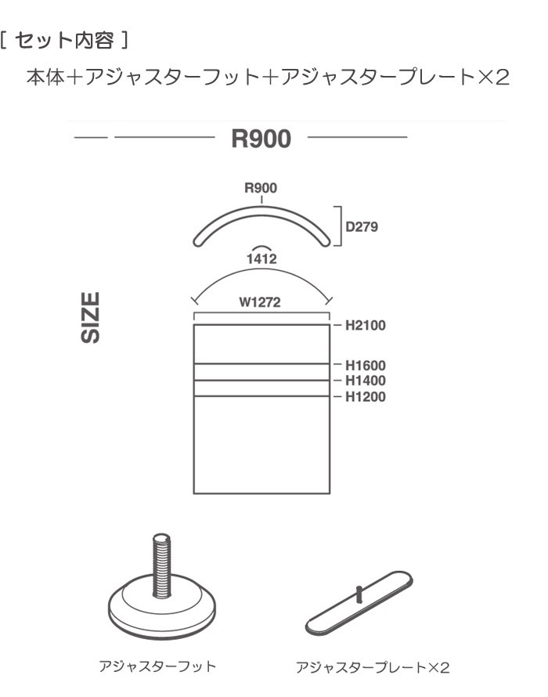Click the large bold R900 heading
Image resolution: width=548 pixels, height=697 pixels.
pos(261,139)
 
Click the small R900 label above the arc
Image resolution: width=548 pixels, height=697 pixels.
pos(261,188)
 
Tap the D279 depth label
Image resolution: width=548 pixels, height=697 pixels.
pos(362,226)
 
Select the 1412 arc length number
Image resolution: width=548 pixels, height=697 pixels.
pos(261,258)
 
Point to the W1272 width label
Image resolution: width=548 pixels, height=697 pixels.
pos(260,302)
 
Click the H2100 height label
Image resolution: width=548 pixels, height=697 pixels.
pos(366,325)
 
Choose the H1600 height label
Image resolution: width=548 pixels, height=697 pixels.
pos(366,366)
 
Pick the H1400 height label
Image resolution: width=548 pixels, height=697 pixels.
pos(366,381)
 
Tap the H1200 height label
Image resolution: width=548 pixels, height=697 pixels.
pos(366,396)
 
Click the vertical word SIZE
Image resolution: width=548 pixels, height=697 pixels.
pos(90,317)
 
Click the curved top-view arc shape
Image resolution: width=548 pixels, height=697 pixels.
pos(261,208)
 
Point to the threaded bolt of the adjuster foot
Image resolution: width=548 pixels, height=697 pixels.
pos(161,565)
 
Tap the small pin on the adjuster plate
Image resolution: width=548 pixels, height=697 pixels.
pos(359,594)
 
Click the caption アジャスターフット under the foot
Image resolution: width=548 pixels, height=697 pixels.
pos(157,666)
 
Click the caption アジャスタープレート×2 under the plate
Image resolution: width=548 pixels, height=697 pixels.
pos(373,667)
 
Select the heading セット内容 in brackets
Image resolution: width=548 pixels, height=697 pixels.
pos(64,41)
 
